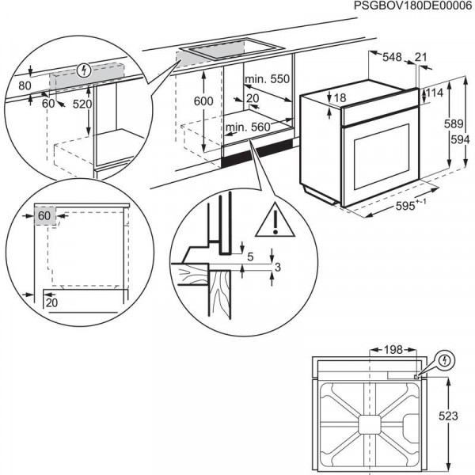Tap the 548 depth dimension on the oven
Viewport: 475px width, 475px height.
click(392, 56)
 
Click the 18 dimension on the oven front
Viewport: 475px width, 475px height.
click(340, 98)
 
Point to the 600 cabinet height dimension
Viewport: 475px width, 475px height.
click(204, 101)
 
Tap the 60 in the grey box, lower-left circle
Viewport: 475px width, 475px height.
click(43, 215)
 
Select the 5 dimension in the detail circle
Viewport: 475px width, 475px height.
click(250, 257)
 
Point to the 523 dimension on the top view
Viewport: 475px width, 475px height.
click(450, 415)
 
